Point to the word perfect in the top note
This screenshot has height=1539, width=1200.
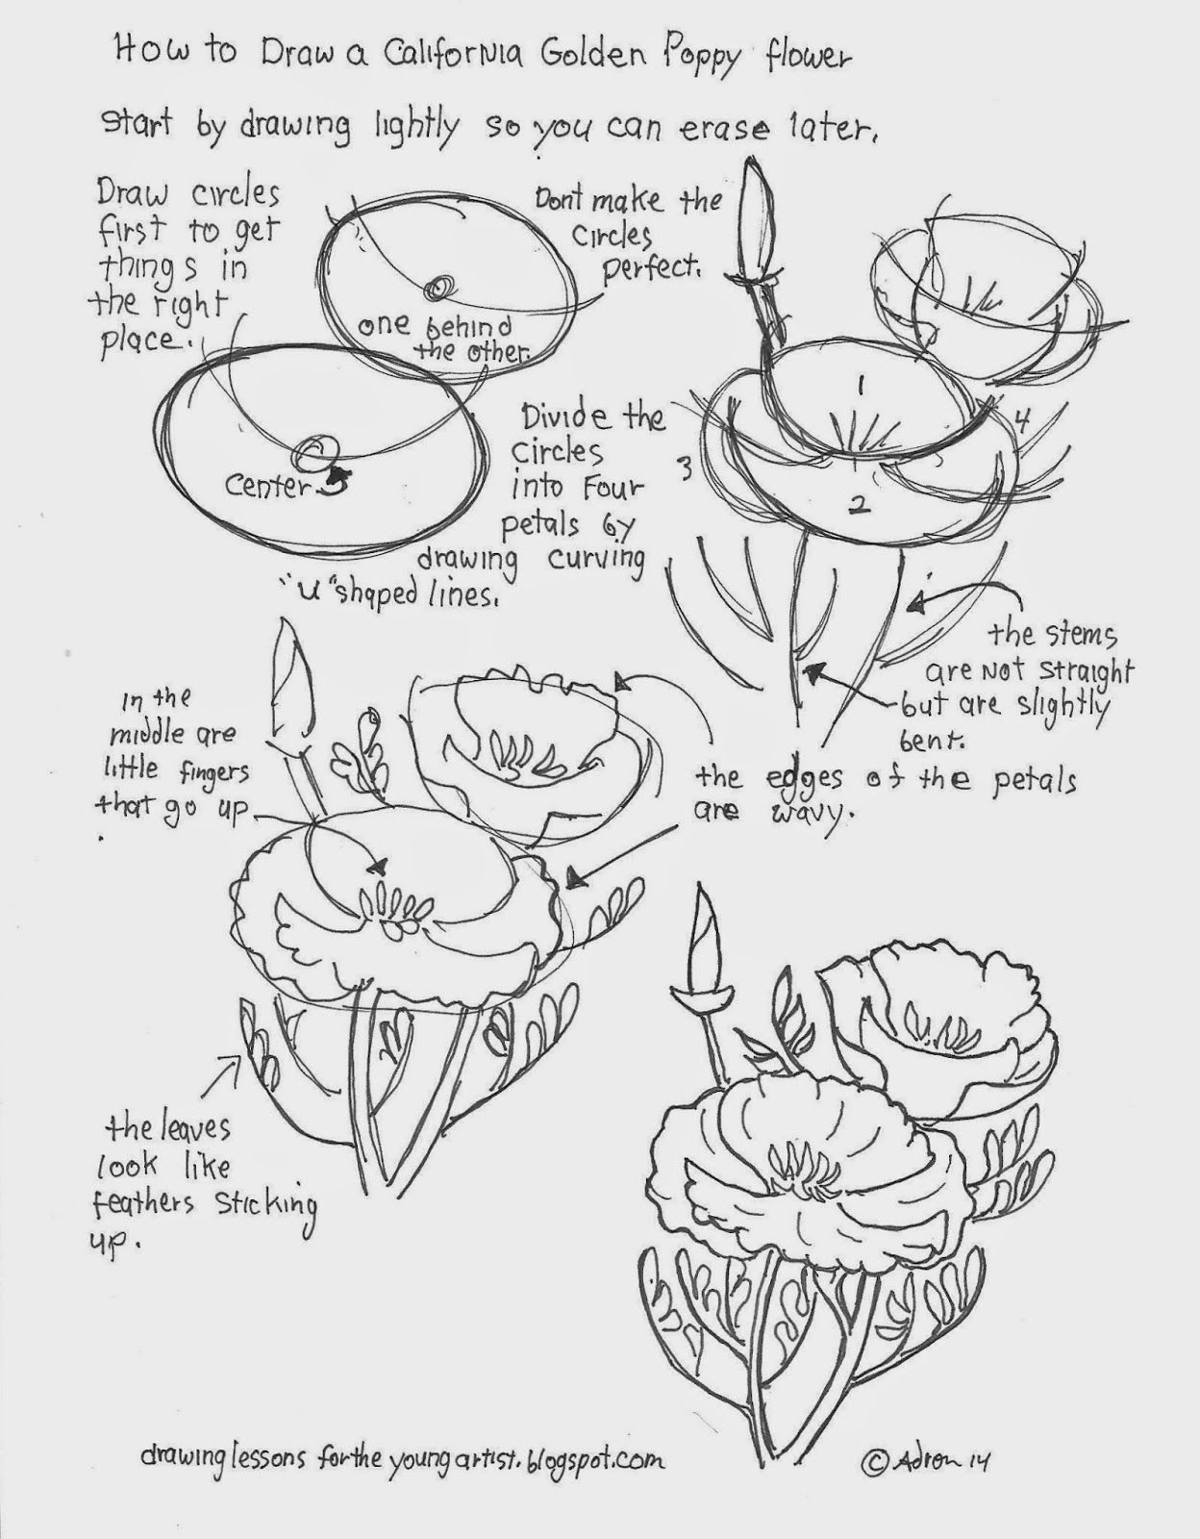(650, 269)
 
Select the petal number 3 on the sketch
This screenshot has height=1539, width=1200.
(686, 471)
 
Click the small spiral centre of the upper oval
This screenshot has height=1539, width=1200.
(443, 287)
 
